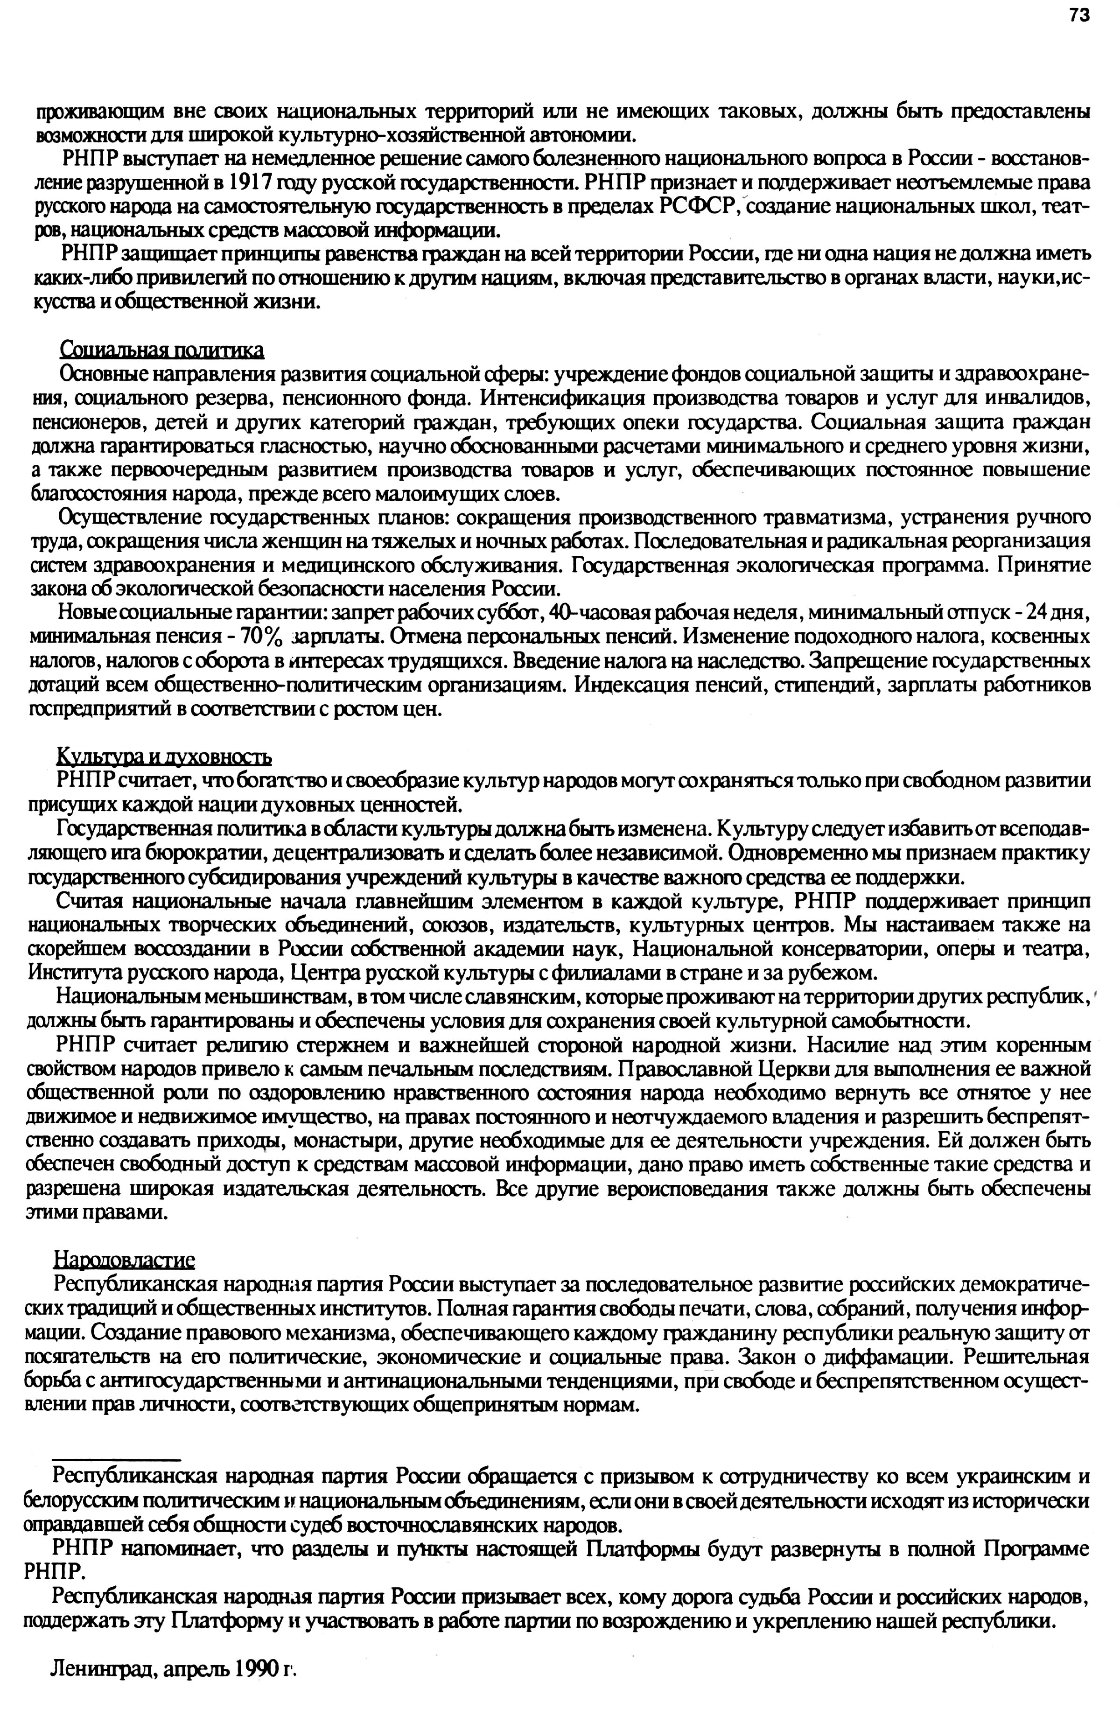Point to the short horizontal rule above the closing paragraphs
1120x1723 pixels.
pyautogui.click(x=116, y=1458)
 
